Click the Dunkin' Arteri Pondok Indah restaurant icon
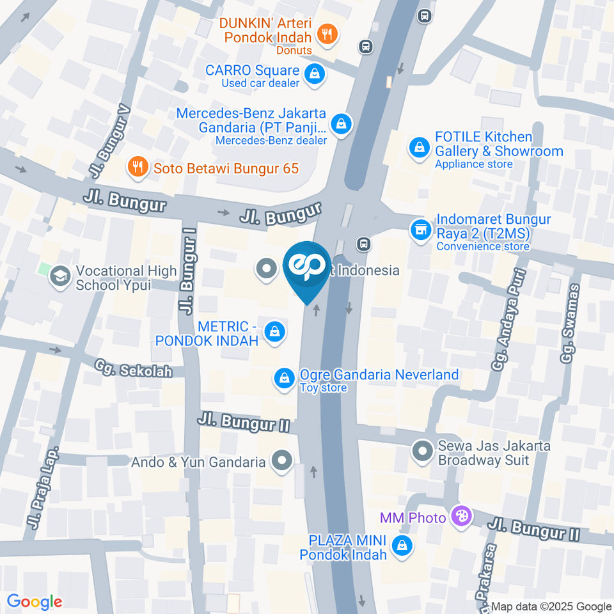(327, 35)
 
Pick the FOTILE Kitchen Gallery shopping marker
(419, 148)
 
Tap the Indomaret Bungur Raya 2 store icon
(420, 228)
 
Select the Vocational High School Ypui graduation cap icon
(61, 277)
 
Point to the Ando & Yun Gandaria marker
(281, 460)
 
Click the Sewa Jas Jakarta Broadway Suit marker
(421, 452)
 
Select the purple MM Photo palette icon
(460, 517)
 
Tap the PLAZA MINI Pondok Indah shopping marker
(402, 546)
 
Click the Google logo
(35, 601)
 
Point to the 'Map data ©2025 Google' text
(551, 606)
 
